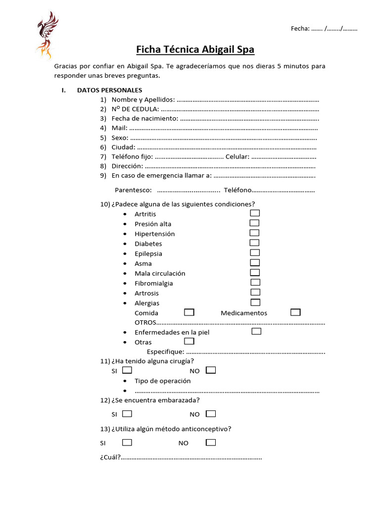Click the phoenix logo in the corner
(47, 35)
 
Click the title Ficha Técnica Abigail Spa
(195, 50)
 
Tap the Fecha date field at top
(324, 29)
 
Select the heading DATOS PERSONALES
(109, 90)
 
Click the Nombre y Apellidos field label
(143, 100)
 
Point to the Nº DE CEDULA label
(135, 109)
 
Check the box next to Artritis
(255, 213)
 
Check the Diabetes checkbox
(254, 243)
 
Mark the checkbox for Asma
(255, 262)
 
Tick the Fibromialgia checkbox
(255, 282)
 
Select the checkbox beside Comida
(189, 312)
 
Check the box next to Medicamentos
(295, 312)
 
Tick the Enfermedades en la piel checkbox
(256, 331)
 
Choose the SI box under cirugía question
(127, 370)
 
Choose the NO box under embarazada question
(211, 413)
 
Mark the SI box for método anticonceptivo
(127, 442)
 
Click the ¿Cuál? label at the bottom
(110, 457)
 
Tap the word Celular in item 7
(237, 156)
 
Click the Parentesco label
(133, 190)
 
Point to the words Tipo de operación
(162, 381)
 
